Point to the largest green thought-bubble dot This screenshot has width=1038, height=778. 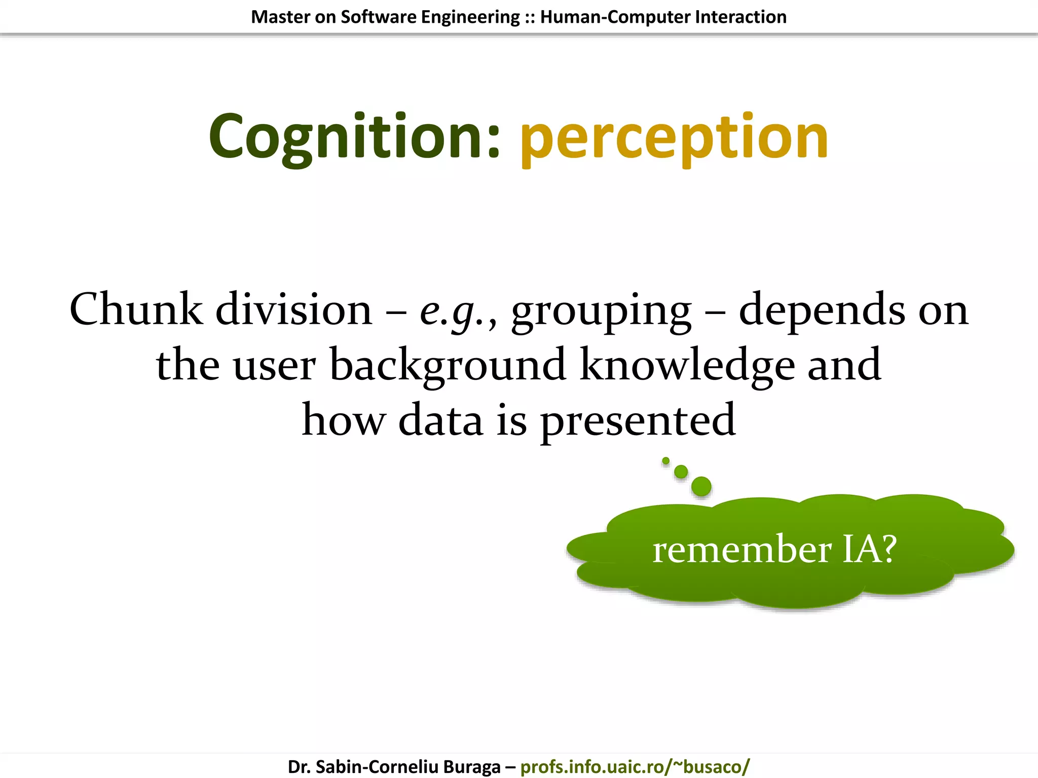(x=701, y=486)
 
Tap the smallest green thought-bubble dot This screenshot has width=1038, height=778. (x=665, y=460)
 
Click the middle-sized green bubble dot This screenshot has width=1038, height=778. (x=681, y=472)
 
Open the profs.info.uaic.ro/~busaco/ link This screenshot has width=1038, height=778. (x=635, y=766)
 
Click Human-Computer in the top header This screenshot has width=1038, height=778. (x=615, y=17)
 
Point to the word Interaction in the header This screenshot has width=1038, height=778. (x=740, y=17)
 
